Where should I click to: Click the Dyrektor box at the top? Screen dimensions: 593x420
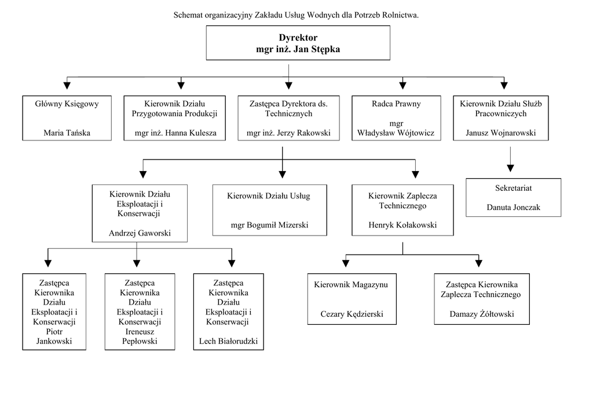click(x=298, y=43)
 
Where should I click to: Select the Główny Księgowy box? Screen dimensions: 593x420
click(x=67, y=118)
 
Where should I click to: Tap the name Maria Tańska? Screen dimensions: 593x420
click(x=67, y=133)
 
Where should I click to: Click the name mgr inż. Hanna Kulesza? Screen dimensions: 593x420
click(x=175, y=133)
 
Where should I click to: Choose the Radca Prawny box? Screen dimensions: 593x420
click(x=396, y=118)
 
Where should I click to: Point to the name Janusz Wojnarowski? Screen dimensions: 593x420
click(x=501, y=133)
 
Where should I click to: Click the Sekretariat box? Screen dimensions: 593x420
click(x=514, y=198)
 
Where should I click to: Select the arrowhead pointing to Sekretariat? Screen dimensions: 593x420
click(x=511, y=168)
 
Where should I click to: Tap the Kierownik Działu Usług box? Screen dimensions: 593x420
click(x=270, y=210)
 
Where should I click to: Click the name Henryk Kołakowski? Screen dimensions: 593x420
click(x=403, y=225)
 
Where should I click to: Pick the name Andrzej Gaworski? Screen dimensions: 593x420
click(x=140, y=233)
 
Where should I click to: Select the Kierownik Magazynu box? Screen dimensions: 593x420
click(x=352, y=299)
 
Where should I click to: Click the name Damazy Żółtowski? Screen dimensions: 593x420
click(x=482, y=314)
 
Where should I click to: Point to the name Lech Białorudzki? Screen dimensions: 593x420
click(x=228, y=341)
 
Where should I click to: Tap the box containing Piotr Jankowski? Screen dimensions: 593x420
click(x=54, y=312)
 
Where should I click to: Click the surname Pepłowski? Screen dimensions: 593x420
click(x=140, y=341)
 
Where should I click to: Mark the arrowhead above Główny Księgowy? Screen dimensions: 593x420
click(x=67, y=86)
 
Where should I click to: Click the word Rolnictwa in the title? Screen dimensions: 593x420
click(x=400, y=15)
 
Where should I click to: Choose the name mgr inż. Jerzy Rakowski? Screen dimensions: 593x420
click(x=288, y=133)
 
